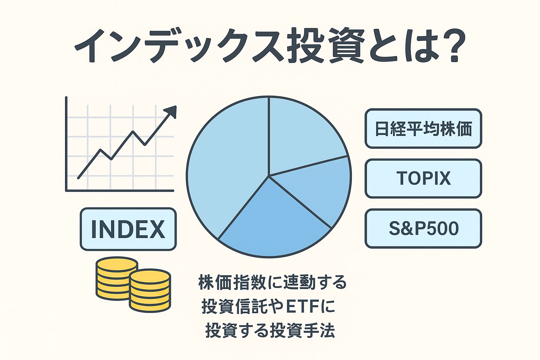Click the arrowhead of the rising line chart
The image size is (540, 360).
(x=171, y=112)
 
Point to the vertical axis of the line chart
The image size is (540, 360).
(x=66, y=144)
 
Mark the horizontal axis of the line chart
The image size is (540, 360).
(x=120, y=191)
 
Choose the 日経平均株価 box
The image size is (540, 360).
(x=423, y=129)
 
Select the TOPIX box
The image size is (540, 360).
(x=423, y=179)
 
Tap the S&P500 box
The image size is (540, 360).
(x=423, y=229)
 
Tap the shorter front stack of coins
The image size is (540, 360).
(x=150, y=291)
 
